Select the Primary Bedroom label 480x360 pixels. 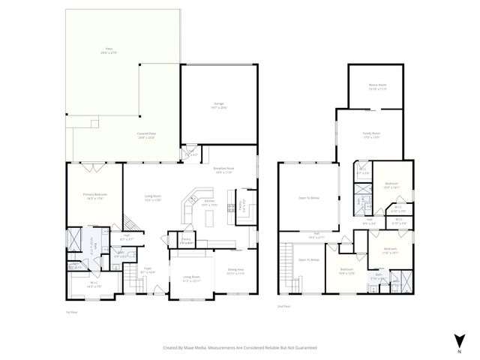tap(93, 196)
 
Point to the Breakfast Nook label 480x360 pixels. tap(224, 169)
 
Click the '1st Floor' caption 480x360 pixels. tap(72, 313)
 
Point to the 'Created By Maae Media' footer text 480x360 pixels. tap(240, 347)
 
